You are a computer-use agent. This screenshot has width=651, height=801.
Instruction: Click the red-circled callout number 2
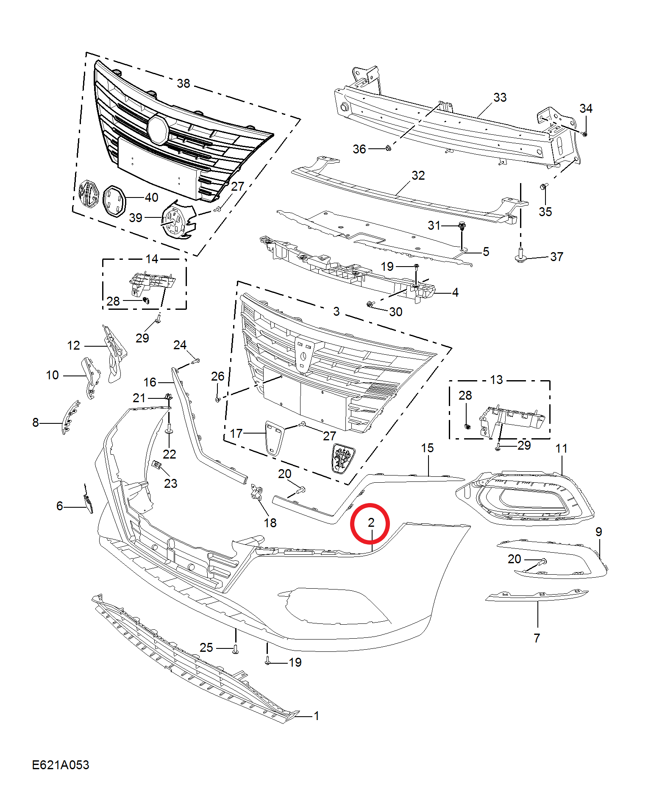pos(371,523)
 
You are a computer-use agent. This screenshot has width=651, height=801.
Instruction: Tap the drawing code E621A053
pos(61,765)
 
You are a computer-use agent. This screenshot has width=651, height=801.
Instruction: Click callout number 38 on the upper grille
pos(184,83)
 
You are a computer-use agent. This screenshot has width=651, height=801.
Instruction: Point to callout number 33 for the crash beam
pos(500,97)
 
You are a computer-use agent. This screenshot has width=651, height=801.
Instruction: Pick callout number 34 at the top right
pos(586,108)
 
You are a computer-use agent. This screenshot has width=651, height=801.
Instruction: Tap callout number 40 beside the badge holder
pos(151,197)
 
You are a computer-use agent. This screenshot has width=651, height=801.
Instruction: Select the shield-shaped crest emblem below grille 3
pos(343,459)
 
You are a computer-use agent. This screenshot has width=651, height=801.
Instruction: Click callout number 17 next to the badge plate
pos(236,434)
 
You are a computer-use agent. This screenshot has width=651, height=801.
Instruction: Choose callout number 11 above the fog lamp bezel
pos(561,448)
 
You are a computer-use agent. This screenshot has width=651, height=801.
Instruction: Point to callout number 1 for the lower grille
pos(316,716)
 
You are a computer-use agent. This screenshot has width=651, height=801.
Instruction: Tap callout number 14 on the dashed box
pos(152,259)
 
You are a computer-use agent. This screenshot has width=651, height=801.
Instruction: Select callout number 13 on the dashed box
pos(496,380)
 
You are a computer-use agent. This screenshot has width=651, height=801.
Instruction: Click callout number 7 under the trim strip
pos(537,638)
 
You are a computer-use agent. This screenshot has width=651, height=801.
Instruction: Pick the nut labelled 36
pos(388,148)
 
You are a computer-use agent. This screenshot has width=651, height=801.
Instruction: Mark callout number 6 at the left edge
pos(60,506)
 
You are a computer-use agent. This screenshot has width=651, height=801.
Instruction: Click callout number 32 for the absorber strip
pos(418,175)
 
